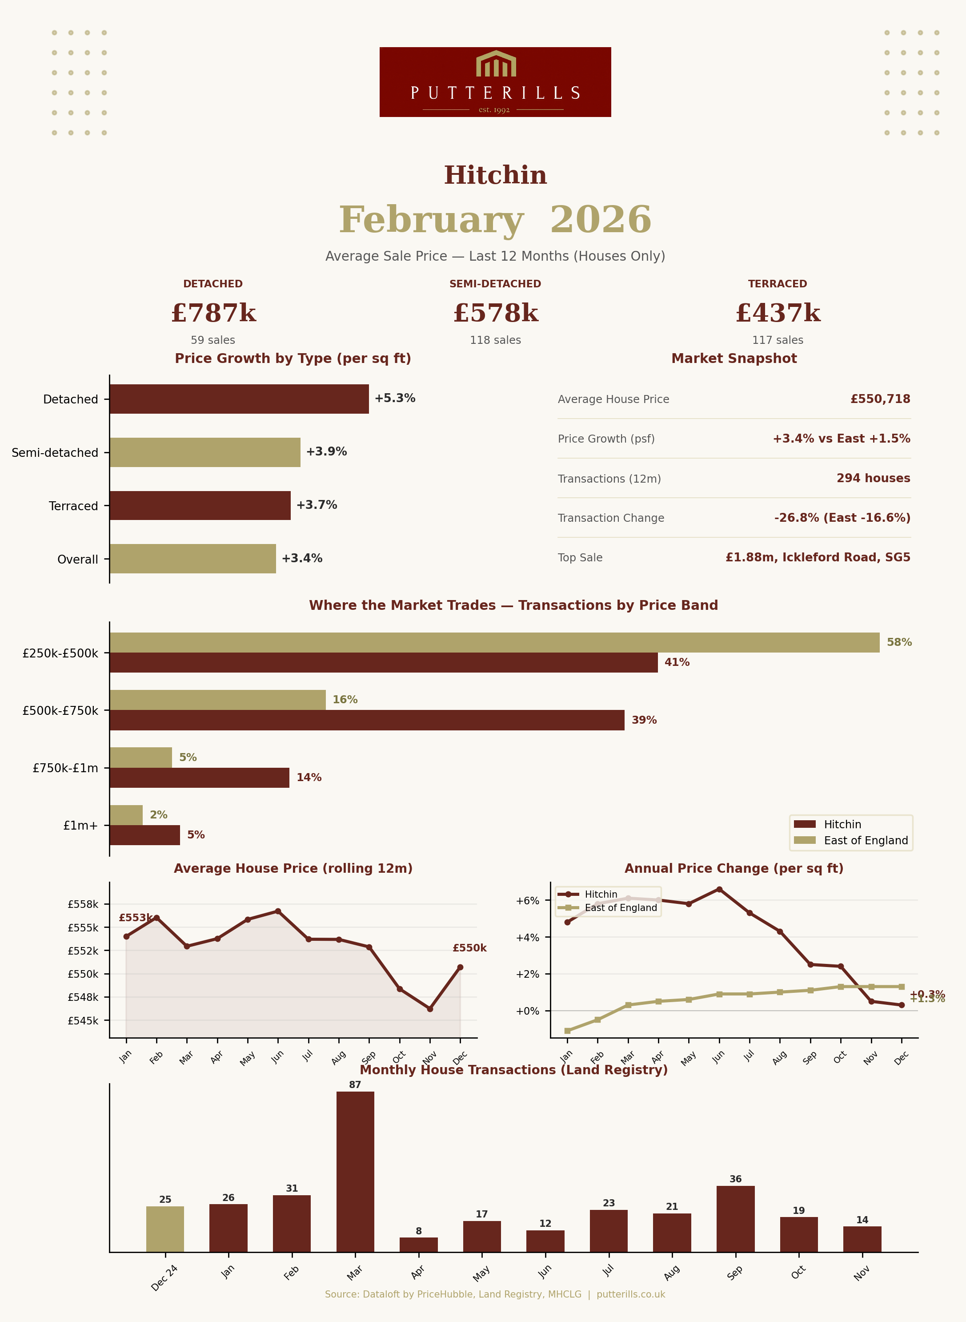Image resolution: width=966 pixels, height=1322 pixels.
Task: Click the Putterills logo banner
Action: click(495, 82)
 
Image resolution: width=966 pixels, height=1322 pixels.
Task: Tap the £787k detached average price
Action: click(213, 314)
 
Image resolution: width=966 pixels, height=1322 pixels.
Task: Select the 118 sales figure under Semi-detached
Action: click(495, 340)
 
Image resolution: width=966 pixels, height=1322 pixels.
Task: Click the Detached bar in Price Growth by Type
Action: click(239, 399)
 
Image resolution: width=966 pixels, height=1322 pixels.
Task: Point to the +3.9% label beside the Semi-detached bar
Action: click(326, 451)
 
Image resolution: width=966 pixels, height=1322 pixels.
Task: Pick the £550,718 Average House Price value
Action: click(880, 399)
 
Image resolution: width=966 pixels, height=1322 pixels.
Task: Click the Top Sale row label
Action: click(580, 557)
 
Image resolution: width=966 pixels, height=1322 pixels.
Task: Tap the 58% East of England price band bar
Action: click(494, 642)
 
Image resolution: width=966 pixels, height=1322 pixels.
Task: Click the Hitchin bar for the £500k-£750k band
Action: click(367, 720)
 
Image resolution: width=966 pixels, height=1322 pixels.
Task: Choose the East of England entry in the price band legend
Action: click(866, 841)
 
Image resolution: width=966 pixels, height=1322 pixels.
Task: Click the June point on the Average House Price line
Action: click(278, 911)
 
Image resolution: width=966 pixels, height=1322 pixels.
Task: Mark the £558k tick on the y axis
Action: click(83, 904)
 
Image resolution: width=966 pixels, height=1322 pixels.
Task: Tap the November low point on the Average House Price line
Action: click(430, 1008)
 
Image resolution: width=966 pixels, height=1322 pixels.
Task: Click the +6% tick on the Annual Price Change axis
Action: click(527, 901)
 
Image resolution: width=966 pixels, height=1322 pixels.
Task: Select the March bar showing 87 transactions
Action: click(355, 1171)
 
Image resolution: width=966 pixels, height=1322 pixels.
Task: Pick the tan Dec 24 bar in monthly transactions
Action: click(165, 1229)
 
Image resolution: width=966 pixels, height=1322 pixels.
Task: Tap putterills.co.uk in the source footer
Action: click(630, 1294)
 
